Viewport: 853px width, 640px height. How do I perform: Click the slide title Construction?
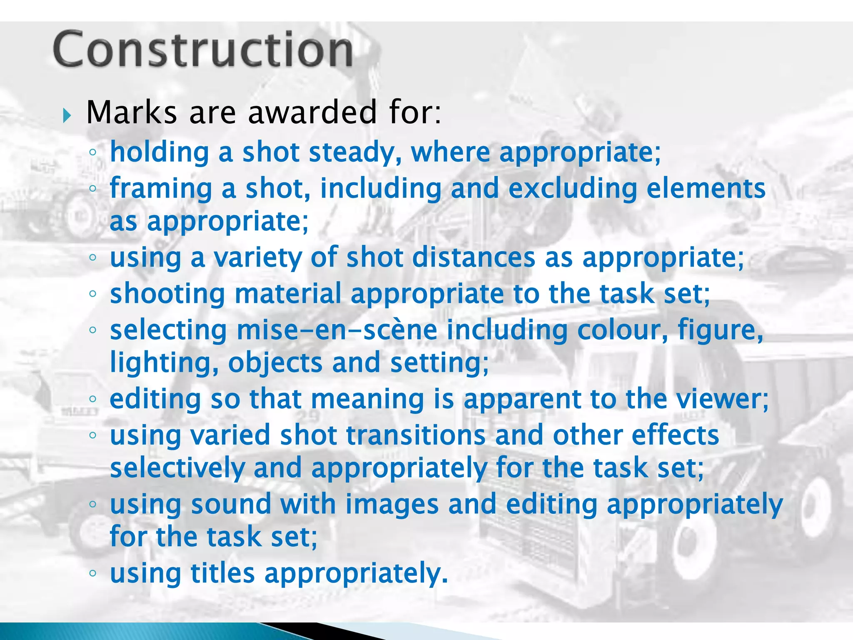(x=203, y=50)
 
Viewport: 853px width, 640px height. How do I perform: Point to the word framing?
(x=161, y=189)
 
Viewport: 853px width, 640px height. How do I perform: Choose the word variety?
(x=257, y=257)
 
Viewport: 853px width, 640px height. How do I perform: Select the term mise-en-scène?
(x=337, y=330)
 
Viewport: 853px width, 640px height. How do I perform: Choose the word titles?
(x=222, y=573)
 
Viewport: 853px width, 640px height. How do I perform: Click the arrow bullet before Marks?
(x=67, y=115)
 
